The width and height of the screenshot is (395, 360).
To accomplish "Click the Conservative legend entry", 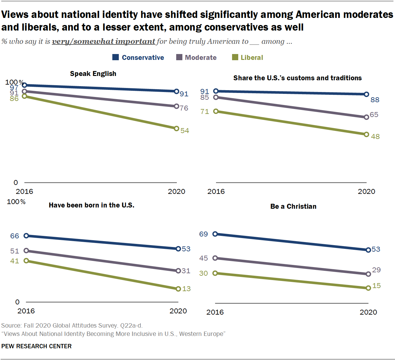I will point(138,57).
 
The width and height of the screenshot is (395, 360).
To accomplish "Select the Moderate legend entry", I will point(197,57).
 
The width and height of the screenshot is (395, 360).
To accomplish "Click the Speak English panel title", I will point(93,73).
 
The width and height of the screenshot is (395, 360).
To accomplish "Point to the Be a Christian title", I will point(293,206).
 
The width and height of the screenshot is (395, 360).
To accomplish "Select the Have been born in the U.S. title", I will point(91,205).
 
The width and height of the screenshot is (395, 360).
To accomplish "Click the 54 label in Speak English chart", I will point(185,131).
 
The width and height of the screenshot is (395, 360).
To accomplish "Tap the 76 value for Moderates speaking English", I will point(184,108).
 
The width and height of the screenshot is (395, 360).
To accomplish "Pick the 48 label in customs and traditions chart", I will point(375,136).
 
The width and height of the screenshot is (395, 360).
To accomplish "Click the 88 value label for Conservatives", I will point(375,100).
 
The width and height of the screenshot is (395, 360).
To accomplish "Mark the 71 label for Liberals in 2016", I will point(205,111).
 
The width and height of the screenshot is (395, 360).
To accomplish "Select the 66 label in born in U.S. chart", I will point(15,236).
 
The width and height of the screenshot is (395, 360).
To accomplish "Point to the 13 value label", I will point(186,289).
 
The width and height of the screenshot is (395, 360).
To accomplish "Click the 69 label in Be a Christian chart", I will point(203,234).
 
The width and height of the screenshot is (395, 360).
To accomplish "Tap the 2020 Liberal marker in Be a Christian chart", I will point(368,288).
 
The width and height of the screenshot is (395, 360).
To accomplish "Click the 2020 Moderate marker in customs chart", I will point(367,117).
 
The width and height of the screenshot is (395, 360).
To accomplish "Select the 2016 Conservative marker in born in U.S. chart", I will point(26,236).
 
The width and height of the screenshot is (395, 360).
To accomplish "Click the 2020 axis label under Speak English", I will point(177,191).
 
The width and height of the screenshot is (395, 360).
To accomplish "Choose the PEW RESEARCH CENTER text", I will point(36,346).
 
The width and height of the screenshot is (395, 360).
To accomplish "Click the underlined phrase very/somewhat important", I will point(103,41).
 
